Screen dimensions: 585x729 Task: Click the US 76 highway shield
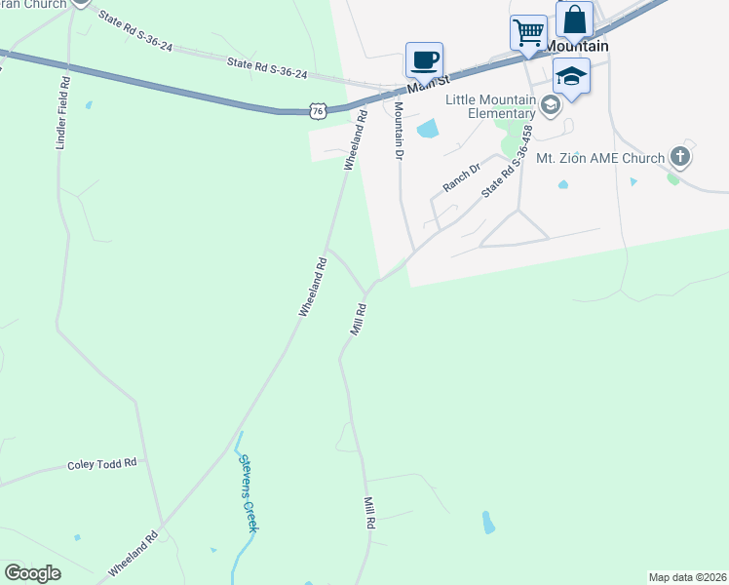point(317,111)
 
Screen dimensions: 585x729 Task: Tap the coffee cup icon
point(424,60)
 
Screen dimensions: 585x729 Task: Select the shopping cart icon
point(528,32)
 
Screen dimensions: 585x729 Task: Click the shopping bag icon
point(574,19)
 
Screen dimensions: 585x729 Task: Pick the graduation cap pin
point(571,75)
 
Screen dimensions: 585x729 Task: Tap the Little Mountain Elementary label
point(490,106)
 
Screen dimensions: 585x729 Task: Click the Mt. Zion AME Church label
point(599,157)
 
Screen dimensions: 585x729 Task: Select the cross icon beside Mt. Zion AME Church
point(679,157)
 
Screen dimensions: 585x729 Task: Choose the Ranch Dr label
point(462,176)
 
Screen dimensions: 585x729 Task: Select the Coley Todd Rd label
point(101,464)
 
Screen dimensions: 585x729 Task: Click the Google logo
point(32,573)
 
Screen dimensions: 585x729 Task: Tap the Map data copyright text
point(688,577)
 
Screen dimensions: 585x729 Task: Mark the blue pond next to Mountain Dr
point(427,128)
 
